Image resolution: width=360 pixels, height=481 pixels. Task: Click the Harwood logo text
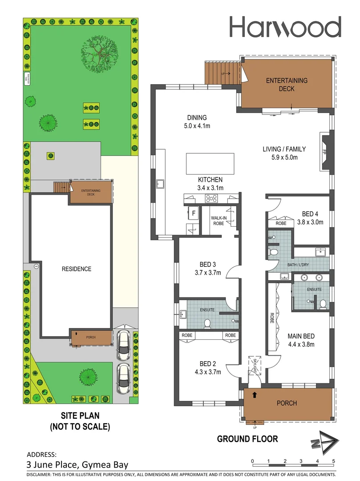pyautogui.click(x=285, y=27)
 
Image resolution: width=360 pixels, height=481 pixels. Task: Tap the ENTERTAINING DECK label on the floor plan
pyautogui.click(x=287, y=85)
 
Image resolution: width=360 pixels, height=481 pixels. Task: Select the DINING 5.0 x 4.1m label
pyautogui.click(x=197, y=122)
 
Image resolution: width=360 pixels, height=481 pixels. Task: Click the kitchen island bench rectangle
pyautogui.click(x=210, y=163)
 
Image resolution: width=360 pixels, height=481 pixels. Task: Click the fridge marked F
pyautogui.click(x=194, y=214)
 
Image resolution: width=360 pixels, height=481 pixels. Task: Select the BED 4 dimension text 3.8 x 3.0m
pyautogui.click(x=310, y=222)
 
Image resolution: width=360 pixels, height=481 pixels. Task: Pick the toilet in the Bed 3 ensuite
pyautogui.click(x=207, y=323)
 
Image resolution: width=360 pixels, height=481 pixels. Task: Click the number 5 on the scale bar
pyautogui.click(x=333, y=461)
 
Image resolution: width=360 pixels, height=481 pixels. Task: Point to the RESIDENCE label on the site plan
pyautogui.click(x=77, y=269)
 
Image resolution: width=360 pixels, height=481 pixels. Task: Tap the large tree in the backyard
pyautogui.click(x=100, y=52)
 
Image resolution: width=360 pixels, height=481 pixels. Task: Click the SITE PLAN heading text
pyautogui.click(x=80, y=416)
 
